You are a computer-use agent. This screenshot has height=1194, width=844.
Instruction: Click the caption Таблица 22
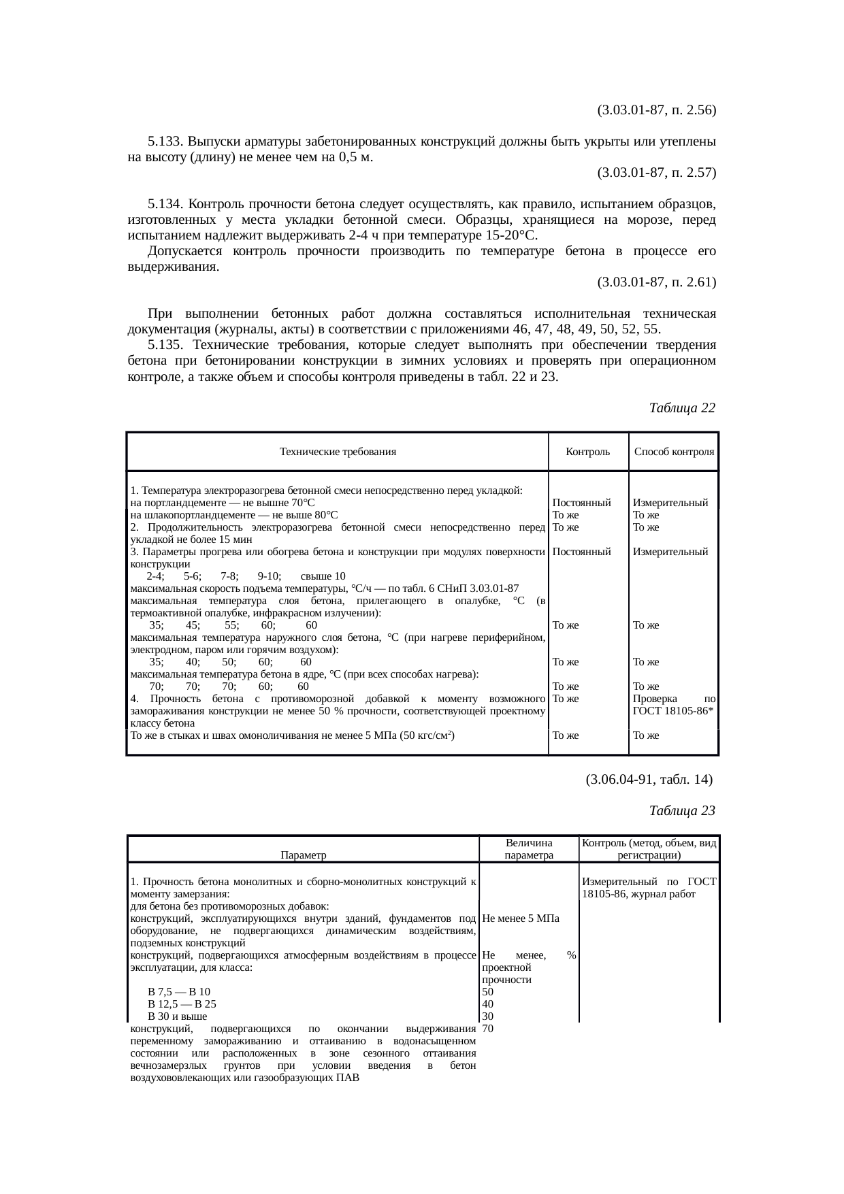(x=682, y=408)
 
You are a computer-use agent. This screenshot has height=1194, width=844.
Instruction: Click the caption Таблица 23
(x=682, y=811)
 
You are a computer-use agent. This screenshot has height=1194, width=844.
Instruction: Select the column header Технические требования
(x=338, y=452)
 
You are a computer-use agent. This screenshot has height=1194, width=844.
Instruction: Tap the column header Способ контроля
(x=674, y=452)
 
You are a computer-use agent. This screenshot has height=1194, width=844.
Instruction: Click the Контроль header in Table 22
(x=588, y=452)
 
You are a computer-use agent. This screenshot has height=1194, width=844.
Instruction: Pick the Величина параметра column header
(x=529, y=849)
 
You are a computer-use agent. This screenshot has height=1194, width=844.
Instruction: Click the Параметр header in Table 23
(x=303, y=855)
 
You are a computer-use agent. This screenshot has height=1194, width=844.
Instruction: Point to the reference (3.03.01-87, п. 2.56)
(x=656, y=110)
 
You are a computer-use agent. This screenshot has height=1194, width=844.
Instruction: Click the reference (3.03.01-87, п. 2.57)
(x=656, y=173)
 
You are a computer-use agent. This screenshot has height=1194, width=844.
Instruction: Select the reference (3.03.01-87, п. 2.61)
(x=656, y=282)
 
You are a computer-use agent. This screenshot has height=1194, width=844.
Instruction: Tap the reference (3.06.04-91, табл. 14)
(x=649, y=780)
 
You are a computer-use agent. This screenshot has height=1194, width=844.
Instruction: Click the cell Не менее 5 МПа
(x=520, y=918)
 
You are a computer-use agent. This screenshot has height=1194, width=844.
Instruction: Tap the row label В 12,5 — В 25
(x=182, y=1004)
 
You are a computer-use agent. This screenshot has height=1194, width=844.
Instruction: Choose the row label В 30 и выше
(x=177, y=1016)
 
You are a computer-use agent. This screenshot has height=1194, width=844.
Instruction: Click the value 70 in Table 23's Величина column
(x=487, y=1029)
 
